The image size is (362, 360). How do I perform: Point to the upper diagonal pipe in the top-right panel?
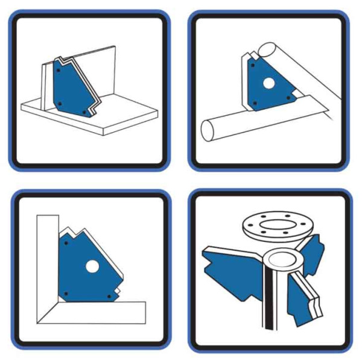302,66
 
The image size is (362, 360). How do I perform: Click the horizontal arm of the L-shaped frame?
97,311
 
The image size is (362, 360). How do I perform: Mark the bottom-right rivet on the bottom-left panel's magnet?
109,296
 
